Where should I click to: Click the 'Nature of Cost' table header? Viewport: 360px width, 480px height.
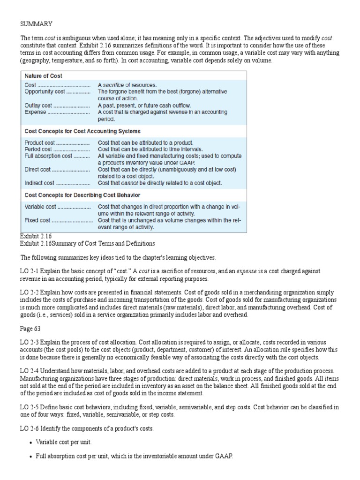click(x=44, y=75)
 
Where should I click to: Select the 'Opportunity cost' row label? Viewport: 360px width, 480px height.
click(x=45, y=92)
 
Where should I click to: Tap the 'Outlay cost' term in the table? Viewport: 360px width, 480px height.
click(x=38, y=106)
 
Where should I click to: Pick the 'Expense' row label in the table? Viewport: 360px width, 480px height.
click(x=36, y=112)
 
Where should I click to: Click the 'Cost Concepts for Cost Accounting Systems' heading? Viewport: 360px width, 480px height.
click(x=82, y=131)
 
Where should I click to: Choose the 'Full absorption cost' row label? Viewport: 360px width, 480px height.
click(x=48, y=156)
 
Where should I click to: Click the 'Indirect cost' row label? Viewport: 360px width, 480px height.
click(x=40, y=183)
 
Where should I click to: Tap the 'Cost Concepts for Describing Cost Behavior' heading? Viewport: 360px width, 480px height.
click(x=82, y=195)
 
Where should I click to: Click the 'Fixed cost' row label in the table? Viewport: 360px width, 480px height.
click(x=37, y=220)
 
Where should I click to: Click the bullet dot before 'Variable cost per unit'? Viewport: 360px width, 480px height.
click(x=30, y=442)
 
